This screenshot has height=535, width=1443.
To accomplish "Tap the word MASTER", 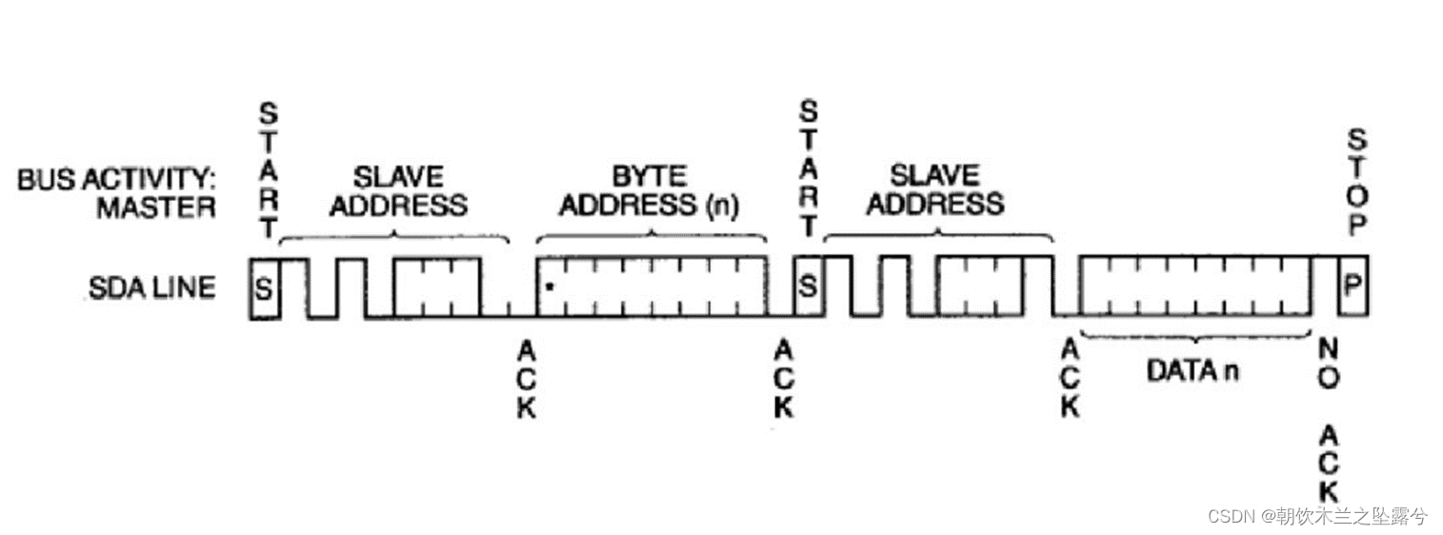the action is [x=155, y=208].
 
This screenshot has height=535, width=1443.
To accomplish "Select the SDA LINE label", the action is [x=152, y=287].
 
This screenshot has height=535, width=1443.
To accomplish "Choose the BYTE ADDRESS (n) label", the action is [x=649, y=190].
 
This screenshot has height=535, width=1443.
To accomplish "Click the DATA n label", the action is [x=1192, y=370].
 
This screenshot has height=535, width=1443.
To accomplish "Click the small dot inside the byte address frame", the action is [x=551, y=284].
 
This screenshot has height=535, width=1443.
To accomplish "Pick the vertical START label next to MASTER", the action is [x=270, y=170].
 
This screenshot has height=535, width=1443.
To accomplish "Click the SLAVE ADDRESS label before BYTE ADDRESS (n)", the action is [x=398, y=190].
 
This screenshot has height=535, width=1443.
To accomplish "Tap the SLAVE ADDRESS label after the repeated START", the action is [x=934, y=189].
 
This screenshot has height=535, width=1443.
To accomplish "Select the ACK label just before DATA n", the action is [x=1069, y=378].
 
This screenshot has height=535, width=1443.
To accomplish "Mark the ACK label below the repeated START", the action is [x=784, y=378].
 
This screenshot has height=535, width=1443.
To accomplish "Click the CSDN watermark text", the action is [x=1317, y=516].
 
